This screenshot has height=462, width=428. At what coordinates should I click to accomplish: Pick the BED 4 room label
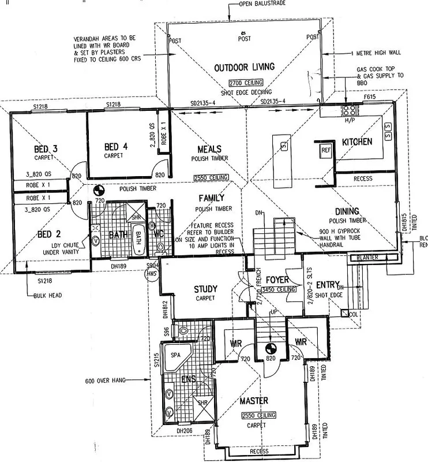click(119, 146)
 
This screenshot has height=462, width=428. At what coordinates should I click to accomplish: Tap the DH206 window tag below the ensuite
click(184, 430)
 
